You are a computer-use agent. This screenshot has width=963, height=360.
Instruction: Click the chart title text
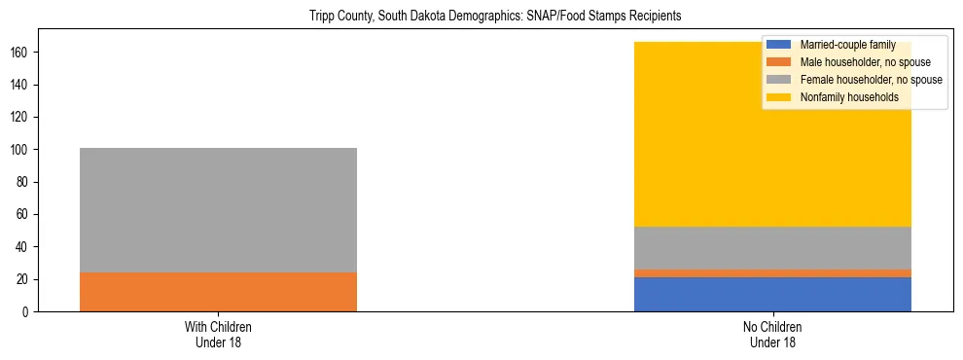pyautogui.click(x=481, y=16)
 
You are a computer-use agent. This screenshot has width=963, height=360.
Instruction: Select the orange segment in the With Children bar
pyautogui.click(x=218, y=292)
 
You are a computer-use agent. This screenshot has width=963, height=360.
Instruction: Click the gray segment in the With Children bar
pyautogui.click(x=218, y=209)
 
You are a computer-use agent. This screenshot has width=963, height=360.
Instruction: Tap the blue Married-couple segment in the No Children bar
pyautogui.click(x=772, y=294)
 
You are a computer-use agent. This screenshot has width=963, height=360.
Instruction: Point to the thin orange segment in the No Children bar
pyautogui.click(x=772, y=273)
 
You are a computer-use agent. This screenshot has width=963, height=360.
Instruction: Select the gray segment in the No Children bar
pyautogui.click(x=772, y=248)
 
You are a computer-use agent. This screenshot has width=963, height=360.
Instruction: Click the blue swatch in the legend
pyautogui.click(x=779, y=45)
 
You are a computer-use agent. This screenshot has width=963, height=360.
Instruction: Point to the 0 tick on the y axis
pyautogui.click(x=29, y=311)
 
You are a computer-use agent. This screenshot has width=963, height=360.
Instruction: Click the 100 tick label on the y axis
pyautogui.click(x=23, y=149)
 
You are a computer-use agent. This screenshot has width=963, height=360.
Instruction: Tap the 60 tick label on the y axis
pyautogui.click(x=26, y=214)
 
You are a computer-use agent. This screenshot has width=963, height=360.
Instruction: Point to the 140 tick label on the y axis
pyautogui.click(x=23, y=85)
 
